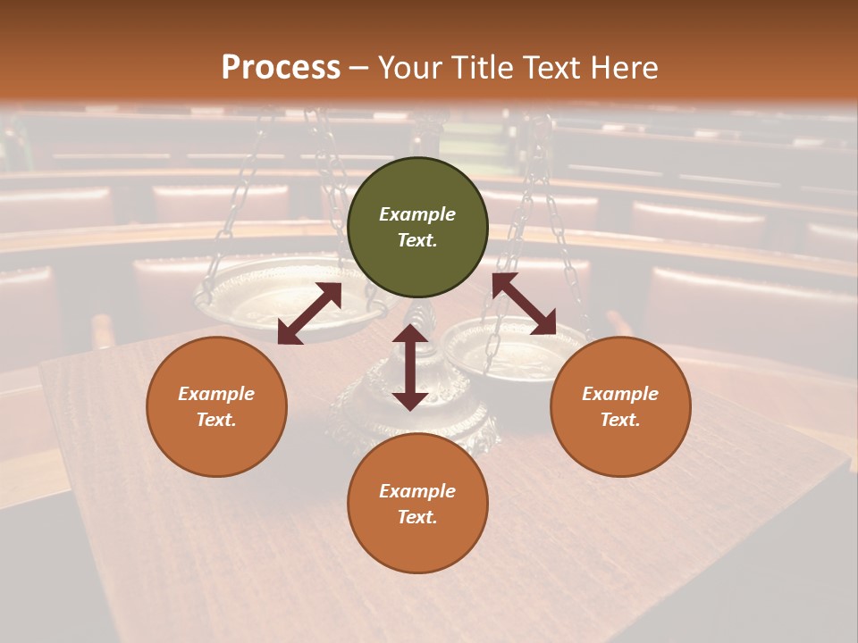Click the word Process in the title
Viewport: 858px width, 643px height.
click(x=281, y=68)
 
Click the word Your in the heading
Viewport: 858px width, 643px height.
click(x=411, y=68)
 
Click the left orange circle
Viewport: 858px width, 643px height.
click(x=216, y=406)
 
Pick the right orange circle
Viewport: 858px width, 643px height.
click(x=620, y=406)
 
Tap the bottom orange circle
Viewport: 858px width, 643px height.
click(x=417, y=504)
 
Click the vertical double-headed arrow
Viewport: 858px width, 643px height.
click(x=410, y=367)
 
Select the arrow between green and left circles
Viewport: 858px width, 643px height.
click(x=309, y=313)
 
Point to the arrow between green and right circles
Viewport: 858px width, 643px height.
click(x=524, y=304)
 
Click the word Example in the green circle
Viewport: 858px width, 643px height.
click(x=417, y=214)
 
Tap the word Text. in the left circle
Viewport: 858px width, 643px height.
click(x=216, y=420)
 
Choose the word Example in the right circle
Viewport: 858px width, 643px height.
click(x=620, y=394)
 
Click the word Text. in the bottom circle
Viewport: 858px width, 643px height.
click(x=417, y=517)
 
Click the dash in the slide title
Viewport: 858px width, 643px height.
click(x=359, y=68)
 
